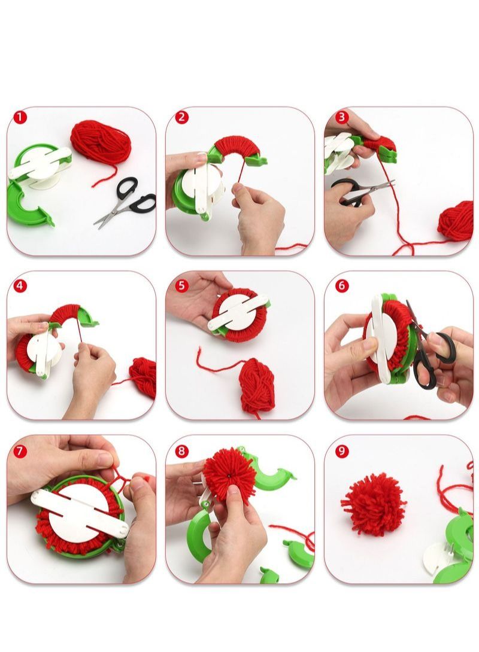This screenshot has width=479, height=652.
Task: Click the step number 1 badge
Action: tap(21, 117)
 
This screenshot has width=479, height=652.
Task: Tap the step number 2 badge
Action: tap(182, 117)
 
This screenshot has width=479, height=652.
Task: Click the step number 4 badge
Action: tap(21, 285)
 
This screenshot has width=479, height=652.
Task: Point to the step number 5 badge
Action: tap(182, 285)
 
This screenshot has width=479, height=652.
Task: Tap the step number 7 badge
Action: tap(21, 450)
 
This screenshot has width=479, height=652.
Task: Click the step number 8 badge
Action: tap(182, 450)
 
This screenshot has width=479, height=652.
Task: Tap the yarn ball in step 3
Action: tap(456, 220)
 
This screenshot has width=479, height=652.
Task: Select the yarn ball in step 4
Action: tap(143, 376)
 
